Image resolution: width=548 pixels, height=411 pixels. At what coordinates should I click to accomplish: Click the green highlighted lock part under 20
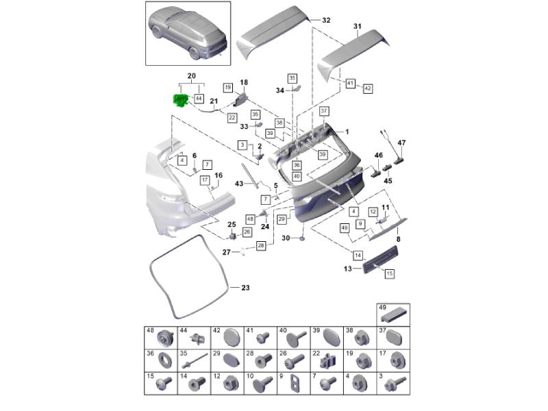[x=182, y=101]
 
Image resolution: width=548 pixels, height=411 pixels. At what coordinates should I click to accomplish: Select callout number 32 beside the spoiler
[x=326, y=21]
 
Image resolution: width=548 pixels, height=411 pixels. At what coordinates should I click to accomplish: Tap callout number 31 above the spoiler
[x=357, y=26]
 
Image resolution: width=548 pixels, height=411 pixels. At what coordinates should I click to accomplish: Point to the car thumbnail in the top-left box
[x=188, y=34]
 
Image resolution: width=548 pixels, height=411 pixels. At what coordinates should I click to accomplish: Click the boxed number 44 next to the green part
[x=199, y=99]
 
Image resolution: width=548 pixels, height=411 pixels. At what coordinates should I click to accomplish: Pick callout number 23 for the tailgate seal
[x=245, y=288]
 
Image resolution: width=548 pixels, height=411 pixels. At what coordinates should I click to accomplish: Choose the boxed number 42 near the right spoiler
[x=368, y=88]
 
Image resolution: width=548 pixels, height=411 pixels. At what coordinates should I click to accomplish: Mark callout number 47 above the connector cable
[x=401, y=142]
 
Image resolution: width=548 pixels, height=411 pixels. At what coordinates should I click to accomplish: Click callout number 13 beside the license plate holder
[x=348, y=269]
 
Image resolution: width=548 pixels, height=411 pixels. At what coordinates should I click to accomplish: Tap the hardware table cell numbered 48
[x=161, y=338]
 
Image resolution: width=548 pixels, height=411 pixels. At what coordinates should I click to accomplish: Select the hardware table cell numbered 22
[x=327, y=361]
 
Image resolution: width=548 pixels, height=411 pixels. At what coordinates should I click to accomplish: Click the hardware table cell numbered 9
[x=294, y=384]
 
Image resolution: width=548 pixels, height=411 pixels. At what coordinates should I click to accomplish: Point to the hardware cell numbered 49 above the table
[x=393, y=315]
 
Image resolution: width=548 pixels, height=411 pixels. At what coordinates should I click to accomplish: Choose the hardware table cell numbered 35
[x=194, y=361]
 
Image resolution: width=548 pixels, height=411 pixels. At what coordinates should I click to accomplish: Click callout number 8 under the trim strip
[x=398, y=239]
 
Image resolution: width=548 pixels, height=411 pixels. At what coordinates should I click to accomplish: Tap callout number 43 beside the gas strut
[x=239, y=184]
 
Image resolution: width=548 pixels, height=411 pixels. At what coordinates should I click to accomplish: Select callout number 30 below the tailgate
[x=286, y=238]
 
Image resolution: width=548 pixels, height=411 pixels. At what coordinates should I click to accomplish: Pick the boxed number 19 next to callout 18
[x=228, y=88]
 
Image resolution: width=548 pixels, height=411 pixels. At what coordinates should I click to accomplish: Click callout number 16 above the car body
[x=219, y=175]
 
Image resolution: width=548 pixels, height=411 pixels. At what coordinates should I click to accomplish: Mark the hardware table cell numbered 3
[x=393, y=384]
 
